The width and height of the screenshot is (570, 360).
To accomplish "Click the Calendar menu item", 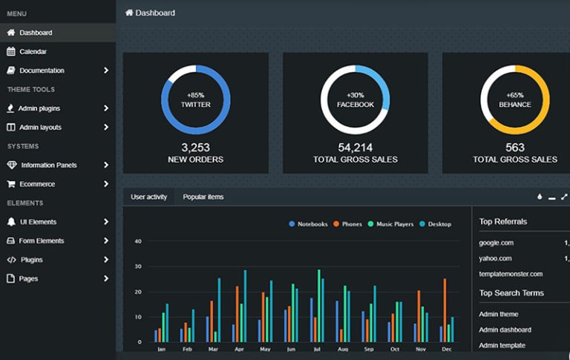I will point(33,52).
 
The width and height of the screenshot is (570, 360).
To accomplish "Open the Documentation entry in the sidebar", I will point(42,71).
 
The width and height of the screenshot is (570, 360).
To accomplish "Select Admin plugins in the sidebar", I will point(39,108).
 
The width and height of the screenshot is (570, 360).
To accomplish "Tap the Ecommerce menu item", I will point(38,184).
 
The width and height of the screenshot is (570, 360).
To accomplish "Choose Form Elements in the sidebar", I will point(42,240).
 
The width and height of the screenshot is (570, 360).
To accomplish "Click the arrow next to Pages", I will point(106,279).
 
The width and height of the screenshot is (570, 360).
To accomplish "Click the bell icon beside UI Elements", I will point(11,222).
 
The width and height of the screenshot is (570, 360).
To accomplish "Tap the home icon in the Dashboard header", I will point(129,13).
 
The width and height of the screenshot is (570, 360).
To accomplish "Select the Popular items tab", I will point(203,197).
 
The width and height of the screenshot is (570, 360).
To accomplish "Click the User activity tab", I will point(148,197).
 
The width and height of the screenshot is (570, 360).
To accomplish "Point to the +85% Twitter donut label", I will point(196,100).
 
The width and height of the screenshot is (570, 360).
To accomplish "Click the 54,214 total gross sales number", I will point(355,148).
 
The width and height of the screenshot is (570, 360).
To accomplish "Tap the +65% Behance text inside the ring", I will point(515,100).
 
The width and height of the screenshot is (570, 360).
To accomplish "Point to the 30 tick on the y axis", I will point(138,266).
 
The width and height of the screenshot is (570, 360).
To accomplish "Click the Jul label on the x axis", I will point(318,349).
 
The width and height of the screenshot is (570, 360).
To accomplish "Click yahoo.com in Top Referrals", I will point(495,258).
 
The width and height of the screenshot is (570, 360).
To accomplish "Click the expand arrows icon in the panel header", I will point(564,197).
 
